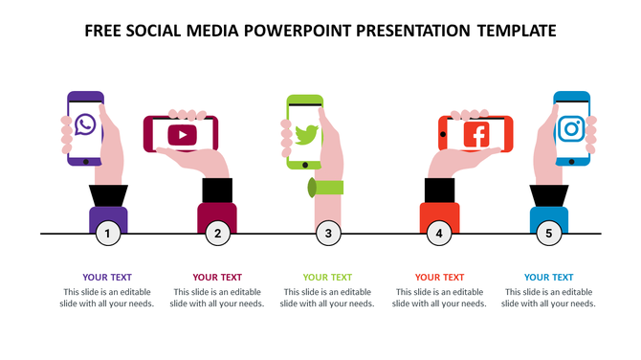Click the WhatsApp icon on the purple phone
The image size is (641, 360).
click(85, 124)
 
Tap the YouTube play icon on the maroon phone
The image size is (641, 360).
click(181, 134)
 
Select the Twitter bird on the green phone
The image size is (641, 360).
click(306, 135)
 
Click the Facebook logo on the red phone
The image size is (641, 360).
click(475, 134)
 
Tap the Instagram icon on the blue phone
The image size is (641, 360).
click(572, 127)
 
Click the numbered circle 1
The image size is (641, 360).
click(108, 233)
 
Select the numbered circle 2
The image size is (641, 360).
click(218, 233)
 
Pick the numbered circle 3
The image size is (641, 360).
click(328, 233)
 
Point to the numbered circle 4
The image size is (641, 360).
click(439, 233)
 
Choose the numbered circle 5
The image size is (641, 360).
click(549, 233)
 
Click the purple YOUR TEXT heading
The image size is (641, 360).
click(107, 278)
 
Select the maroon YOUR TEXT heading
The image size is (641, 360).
click(217, 278)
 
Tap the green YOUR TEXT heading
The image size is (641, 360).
click(327, 278)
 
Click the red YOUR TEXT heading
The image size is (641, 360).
click(439, 278)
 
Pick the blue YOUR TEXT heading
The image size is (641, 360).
click(549, 278)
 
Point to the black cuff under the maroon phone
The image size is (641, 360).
click(217, 190)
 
